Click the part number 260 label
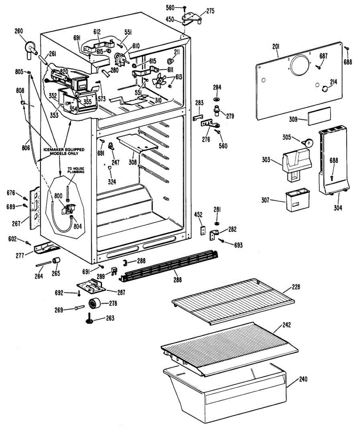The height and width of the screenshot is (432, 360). [x=19, y=31]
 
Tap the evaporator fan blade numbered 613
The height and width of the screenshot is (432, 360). [x=159, y=80]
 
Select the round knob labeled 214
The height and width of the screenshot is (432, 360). [x=325, y=89]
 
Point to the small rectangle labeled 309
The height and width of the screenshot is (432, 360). [x=319, y=116]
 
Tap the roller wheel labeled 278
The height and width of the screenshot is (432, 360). [x=94, y=304]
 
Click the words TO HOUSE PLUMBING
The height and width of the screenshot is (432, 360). [x=76, y=170]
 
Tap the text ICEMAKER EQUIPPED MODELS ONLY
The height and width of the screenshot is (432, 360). [x=64, y=152]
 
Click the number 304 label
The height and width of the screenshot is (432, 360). [x=338, y=207]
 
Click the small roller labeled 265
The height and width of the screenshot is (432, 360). [x=56, y=261]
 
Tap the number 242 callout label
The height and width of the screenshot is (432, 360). [x=286, y=325]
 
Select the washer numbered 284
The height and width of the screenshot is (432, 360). [x=217, y=99]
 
